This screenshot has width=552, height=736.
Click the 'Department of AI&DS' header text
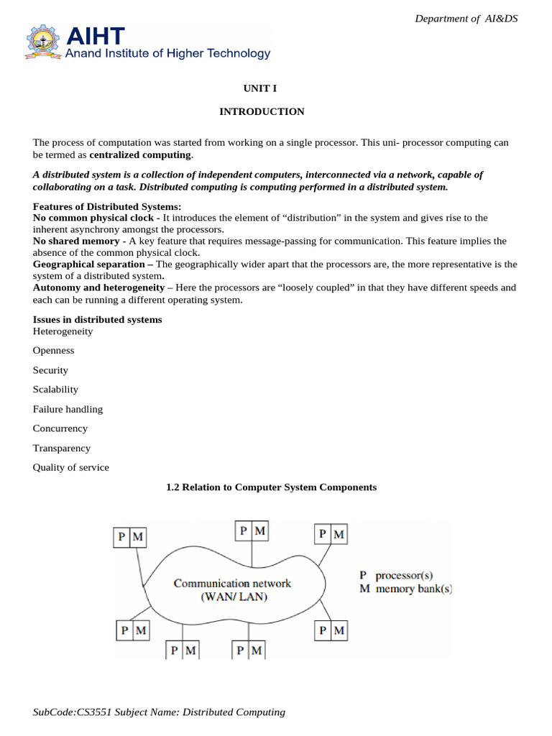466,18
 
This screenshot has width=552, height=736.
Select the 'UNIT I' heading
261,88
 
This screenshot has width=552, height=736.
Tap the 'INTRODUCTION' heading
261,111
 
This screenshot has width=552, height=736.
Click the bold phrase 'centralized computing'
140,155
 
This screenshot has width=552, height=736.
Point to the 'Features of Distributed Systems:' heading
97,207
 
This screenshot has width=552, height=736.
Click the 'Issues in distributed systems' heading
97,319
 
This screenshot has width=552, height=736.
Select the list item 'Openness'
53,351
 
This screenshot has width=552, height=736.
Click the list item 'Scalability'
55,390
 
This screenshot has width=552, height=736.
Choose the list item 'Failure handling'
68,409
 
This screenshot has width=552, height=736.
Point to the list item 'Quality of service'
70,467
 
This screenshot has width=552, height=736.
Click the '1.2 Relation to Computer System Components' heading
271,487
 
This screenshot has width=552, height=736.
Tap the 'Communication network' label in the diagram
232,584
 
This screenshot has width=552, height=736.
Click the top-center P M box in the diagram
252,531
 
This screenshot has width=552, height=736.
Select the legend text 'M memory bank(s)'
405,589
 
